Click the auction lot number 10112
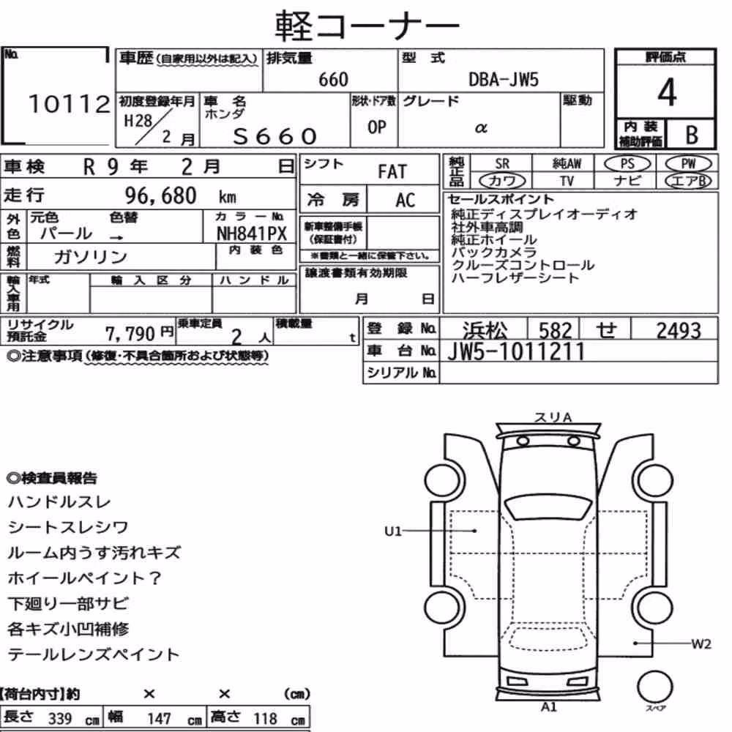coord(69,104)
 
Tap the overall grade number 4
coord(667,92)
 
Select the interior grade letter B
coord(692,135)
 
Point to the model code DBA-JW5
coord(504,80)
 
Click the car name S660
coord(275,136)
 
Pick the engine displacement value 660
coord(333,80)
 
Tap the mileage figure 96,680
coord(160,195)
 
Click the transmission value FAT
coord(392,172)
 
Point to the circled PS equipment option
coord(627,164)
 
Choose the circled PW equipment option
coord(688,164)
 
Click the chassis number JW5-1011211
coord(516,351)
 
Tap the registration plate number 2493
coord(679,331)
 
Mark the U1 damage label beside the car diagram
coord(392,531)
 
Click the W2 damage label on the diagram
coord(701,645)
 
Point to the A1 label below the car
coord(549,707)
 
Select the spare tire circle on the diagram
coord(654,687)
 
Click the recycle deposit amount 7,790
coord(130,334)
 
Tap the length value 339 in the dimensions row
coord(60,719)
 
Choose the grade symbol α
coord(481,127)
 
